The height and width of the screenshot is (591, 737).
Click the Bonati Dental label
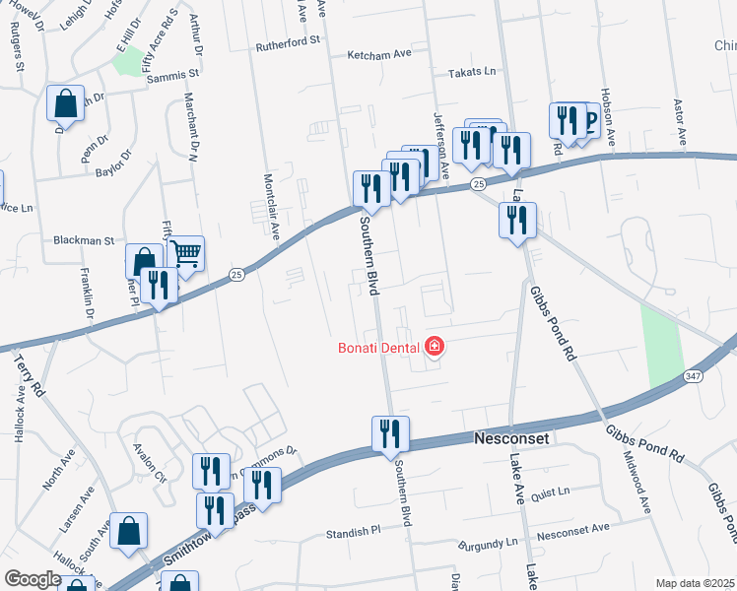click(379, 347)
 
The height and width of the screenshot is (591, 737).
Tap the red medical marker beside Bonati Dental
click(435, 347)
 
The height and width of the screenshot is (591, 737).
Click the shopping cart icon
click(185, 254)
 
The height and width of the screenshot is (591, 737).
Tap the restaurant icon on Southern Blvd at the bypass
click(390, 433)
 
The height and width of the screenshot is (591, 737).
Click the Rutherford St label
click(289, 41)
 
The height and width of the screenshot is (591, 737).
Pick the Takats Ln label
click(473, 73)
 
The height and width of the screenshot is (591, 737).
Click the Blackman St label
click(84, 240)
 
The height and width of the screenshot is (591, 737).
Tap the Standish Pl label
click(353, 532)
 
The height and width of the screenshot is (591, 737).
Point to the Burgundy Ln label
click(492, 543)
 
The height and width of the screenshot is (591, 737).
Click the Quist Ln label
click(551, 492)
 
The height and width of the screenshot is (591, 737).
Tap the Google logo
click(33, 579)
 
